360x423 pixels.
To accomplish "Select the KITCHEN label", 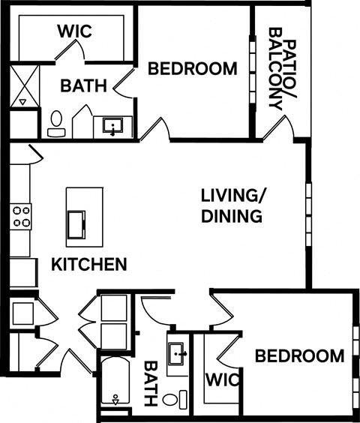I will (x=88, y=264).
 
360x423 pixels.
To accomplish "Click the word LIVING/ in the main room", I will (x=233, y=196).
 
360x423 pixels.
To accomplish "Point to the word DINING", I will (x=232, y=217).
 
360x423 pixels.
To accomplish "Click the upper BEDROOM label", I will (x=193, y=69).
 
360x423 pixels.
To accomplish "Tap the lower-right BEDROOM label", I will (x=300, y=355).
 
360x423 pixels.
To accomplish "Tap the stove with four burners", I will (x=21, y=216).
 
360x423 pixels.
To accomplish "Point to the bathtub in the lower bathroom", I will (x=115, y=385).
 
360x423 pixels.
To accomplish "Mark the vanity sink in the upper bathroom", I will (x=113, y=127).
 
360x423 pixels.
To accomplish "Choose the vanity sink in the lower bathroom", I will (x=178, y=353).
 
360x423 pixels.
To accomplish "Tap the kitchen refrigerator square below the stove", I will (x=22, y=271).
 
